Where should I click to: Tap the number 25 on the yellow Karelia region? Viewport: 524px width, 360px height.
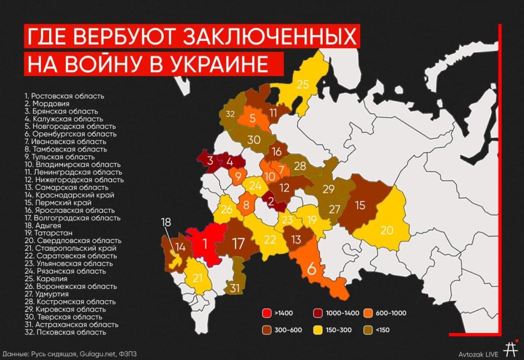pyautogui.click(x=302, y=85)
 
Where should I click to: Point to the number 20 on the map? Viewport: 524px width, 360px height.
pyautogui.click(x=387, y=230)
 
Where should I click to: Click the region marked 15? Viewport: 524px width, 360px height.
pyautogui.click(x=360, y=205)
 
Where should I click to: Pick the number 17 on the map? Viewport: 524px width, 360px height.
pyautogui.click(x=238, y=244)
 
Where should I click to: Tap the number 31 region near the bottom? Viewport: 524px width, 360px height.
pyautogui.click(x=235, y=288)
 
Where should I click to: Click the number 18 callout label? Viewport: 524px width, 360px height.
pyautogui.click(x=166, y=222)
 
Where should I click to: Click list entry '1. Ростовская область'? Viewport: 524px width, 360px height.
pyautogui.click(x=64, y=96)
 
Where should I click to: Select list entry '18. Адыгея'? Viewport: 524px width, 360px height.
pyautogui.click(x=47, y=225)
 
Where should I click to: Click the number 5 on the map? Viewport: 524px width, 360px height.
pyautogui.click(x=252, y=119)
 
